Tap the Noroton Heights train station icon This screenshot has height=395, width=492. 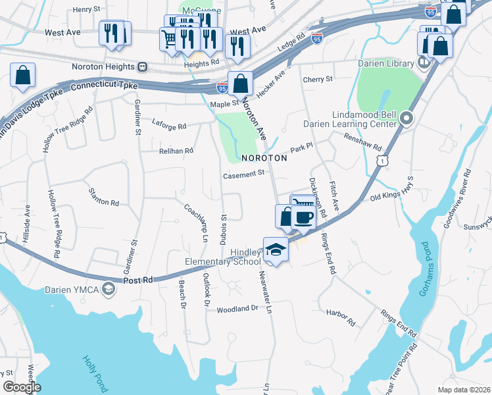click(x=142, y=66)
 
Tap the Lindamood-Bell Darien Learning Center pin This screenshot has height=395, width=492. click(x=406, y=119)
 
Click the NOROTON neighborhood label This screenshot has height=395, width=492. click(x=264, y=159)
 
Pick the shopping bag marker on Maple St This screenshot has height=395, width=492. click(x=241, y=83)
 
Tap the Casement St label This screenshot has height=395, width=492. click(x=243, y=174)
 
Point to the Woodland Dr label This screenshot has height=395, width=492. click(x=238, y=308)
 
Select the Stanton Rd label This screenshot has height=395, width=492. click(x=104, y=197)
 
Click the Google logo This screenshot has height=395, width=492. click(x=22, y=388)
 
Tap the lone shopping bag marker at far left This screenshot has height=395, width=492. click(x=23, y=76)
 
